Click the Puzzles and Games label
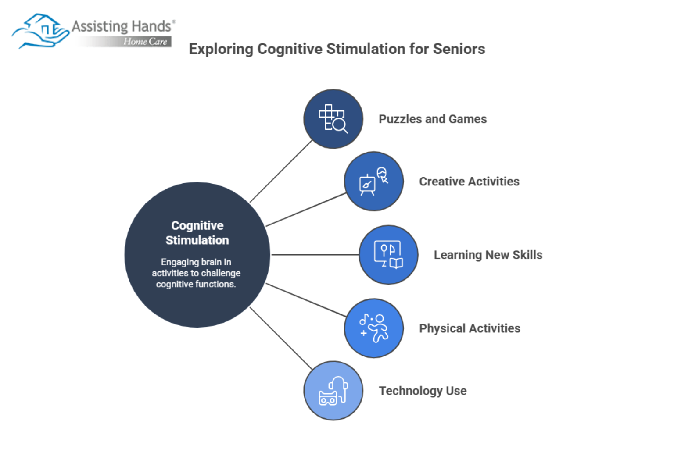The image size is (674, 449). tap(432, 119)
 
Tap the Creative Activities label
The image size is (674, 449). tap(469, 181)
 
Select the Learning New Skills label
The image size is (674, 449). tap(488, 255)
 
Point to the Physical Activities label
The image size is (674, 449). tap(469, 328)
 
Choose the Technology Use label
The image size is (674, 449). tap(422, 390)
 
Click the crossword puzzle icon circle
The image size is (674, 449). tap(333, 119)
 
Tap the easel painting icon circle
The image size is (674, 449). tap(373, 181)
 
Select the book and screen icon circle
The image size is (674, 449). tap(388, 255)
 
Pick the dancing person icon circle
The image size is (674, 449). tap(373, 328)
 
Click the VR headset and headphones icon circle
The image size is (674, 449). tap(333, 390)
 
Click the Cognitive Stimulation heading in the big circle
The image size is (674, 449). tap(197, 233)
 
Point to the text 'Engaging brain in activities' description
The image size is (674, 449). tap(196, 273)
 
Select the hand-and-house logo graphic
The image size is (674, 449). tap(40, 31)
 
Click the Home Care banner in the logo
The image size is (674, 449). tap(145, 42)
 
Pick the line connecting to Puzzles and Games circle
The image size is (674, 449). tap(281, 171)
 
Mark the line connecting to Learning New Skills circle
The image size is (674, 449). tap(315, 255)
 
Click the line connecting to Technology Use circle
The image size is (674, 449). tap(281, 338)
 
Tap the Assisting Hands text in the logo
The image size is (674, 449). tap(121, 26)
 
